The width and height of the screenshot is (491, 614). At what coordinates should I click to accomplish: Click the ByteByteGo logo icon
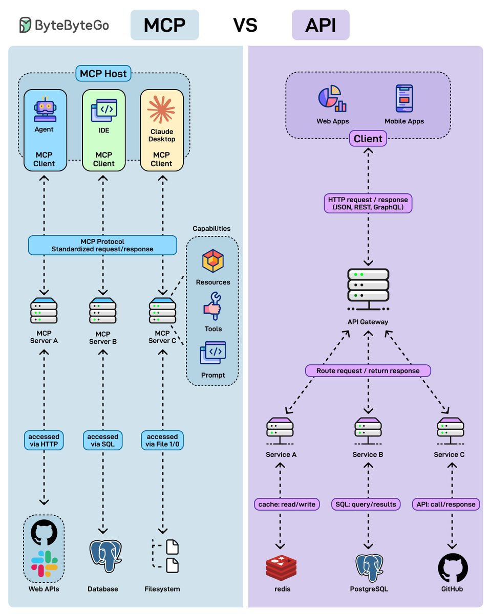[25, 25]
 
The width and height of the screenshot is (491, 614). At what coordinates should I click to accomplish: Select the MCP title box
[164, 25]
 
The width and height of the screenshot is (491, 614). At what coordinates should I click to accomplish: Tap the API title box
[321, 25]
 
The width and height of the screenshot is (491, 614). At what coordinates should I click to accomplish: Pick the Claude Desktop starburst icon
[161, 109]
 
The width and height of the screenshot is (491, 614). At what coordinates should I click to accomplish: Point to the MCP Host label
[104, 74]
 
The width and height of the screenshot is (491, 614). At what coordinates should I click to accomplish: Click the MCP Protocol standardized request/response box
[102, 245]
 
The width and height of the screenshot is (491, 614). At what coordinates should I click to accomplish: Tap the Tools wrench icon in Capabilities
[212, 306]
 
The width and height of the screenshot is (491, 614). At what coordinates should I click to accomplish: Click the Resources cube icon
[213, 261]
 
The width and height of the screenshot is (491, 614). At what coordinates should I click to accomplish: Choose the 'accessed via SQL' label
[103, 441]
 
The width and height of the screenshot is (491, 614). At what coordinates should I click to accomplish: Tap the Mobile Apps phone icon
[404, 99]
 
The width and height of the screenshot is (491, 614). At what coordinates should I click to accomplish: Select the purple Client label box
[368, 139]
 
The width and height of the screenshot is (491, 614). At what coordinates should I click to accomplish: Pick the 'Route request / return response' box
[368, 370]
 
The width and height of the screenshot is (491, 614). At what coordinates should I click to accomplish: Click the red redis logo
[281, 568]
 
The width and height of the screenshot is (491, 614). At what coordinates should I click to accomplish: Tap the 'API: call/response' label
[446, 504]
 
